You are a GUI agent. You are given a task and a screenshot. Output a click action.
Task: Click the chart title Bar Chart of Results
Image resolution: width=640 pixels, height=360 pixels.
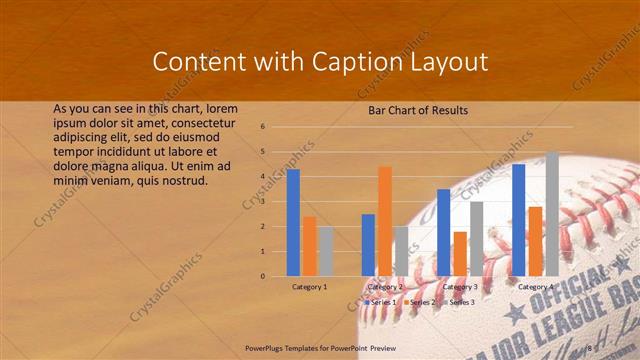(x=411, y=110)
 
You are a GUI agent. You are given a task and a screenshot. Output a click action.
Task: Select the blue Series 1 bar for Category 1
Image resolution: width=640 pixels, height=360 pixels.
(x=293, y=222)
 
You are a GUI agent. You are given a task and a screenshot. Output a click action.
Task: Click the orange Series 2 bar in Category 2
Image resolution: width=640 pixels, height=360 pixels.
(x=385, y=220)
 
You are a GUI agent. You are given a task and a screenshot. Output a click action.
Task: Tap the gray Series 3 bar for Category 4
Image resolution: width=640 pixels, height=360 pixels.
(x=552, y=214)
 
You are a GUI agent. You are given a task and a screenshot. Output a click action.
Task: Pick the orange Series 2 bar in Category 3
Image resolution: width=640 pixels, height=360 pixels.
(x=460, y=253)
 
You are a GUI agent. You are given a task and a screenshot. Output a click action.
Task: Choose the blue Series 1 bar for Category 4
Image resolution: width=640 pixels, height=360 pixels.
(x=518, y=219)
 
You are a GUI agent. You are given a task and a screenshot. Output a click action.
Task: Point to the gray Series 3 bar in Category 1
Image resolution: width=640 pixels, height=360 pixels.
(x=326, y=251)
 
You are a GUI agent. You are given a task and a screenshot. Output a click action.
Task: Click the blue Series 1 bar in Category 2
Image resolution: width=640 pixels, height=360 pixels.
(x=368, y=244)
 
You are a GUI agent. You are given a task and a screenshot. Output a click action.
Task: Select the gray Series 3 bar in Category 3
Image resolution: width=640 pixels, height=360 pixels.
(x=477, y=238)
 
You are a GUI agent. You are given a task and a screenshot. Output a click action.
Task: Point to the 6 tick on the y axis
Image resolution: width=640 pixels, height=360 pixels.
(x=262, y=127)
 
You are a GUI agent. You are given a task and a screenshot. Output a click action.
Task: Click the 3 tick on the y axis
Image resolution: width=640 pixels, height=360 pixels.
(x=262, y=202)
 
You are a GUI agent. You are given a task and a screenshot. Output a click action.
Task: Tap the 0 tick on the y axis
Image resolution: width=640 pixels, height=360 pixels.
(x=262, y=276)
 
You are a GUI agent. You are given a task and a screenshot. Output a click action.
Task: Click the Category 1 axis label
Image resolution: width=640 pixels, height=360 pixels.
(x=309, y=287)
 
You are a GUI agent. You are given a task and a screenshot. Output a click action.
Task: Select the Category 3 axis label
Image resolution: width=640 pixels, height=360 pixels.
(x=460, y=287)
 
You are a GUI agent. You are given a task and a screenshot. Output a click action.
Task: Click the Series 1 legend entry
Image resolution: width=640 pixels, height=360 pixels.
(x=381, y=301)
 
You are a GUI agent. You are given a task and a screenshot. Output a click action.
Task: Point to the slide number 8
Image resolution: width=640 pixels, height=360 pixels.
(x=588, y=348)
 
